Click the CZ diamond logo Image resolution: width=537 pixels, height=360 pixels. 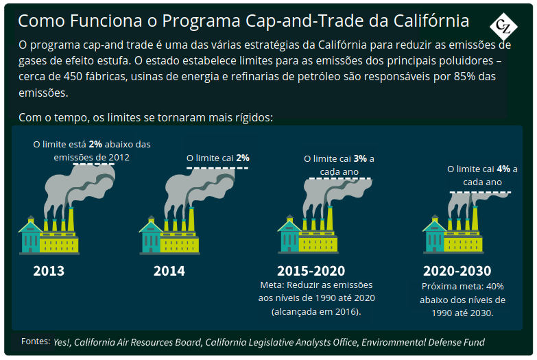click(x=503, y=27)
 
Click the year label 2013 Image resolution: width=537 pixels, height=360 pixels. click(x=49, y=271)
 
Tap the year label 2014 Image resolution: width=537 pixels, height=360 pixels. click(x=169, y=271)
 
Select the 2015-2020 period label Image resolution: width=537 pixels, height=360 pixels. click(x=311, y=271)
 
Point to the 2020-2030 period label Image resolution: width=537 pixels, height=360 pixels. click(x=457, y=271)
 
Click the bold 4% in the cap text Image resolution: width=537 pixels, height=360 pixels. click(x=503, y=169)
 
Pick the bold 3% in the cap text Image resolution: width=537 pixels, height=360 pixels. click(x=360, y=158)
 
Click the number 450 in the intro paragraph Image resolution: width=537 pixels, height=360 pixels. click(x=73, y=76)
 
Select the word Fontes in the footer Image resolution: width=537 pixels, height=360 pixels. click(x=36, y=341)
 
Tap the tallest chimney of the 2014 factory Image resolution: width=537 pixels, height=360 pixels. click(x=191, y=219)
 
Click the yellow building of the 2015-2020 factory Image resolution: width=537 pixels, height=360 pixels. click(x=318, y=242)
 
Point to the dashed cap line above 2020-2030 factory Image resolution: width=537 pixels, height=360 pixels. click(x=480, y=193)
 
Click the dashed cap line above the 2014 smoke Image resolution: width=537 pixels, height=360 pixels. click(x=217, y=168)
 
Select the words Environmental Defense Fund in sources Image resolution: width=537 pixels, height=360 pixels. click(x=423, y=342)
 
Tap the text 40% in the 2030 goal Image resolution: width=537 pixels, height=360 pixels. click(x=495, y=287)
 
